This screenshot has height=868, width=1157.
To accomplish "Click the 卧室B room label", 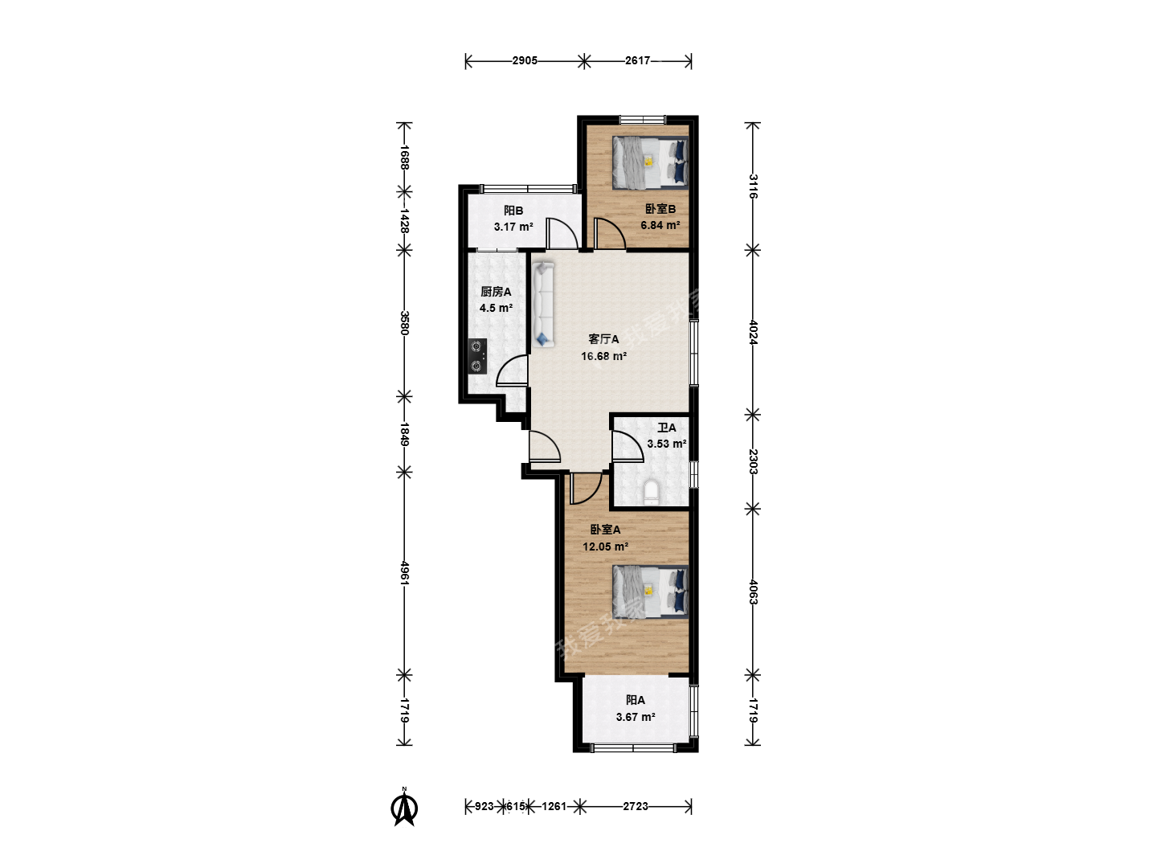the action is pyautogui.click(x=660, y=209).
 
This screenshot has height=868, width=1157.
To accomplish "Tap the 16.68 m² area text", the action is pyautogui.click(x=603, y=356).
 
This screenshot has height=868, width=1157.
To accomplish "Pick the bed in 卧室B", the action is pyautogui.click(x=651, y=162).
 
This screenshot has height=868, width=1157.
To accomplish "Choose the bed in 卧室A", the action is pyautogui.click(x=651, y=592).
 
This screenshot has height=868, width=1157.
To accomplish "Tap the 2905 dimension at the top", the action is pyautogui.click(x=525, y=60).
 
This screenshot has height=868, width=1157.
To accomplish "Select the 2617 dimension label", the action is pyautogui.click(x=637, y=60).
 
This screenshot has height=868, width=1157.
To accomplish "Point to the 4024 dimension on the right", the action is pyautogui.click(x=753, y=332).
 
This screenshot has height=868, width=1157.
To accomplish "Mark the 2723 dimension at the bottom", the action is pyautogui.click(x=636, y=806).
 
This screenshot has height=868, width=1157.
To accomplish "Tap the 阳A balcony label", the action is pyautogui.click(x=636, y=700).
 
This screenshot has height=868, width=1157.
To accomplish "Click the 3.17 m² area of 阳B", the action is pyautogui.click(x=513, y=227).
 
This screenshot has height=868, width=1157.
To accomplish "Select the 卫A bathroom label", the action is pyautogui.click(x=666, y=428).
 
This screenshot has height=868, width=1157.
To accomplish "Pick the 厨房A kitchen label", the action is pyautogui.click(x=496, y=292).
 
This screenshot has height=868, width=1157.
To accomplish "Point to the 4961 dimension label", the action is pyautogui.click(x=404, y=572).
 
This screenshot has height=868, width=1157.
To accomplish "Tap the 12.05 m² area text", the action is pyautogui.click(x=605, y=547).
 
